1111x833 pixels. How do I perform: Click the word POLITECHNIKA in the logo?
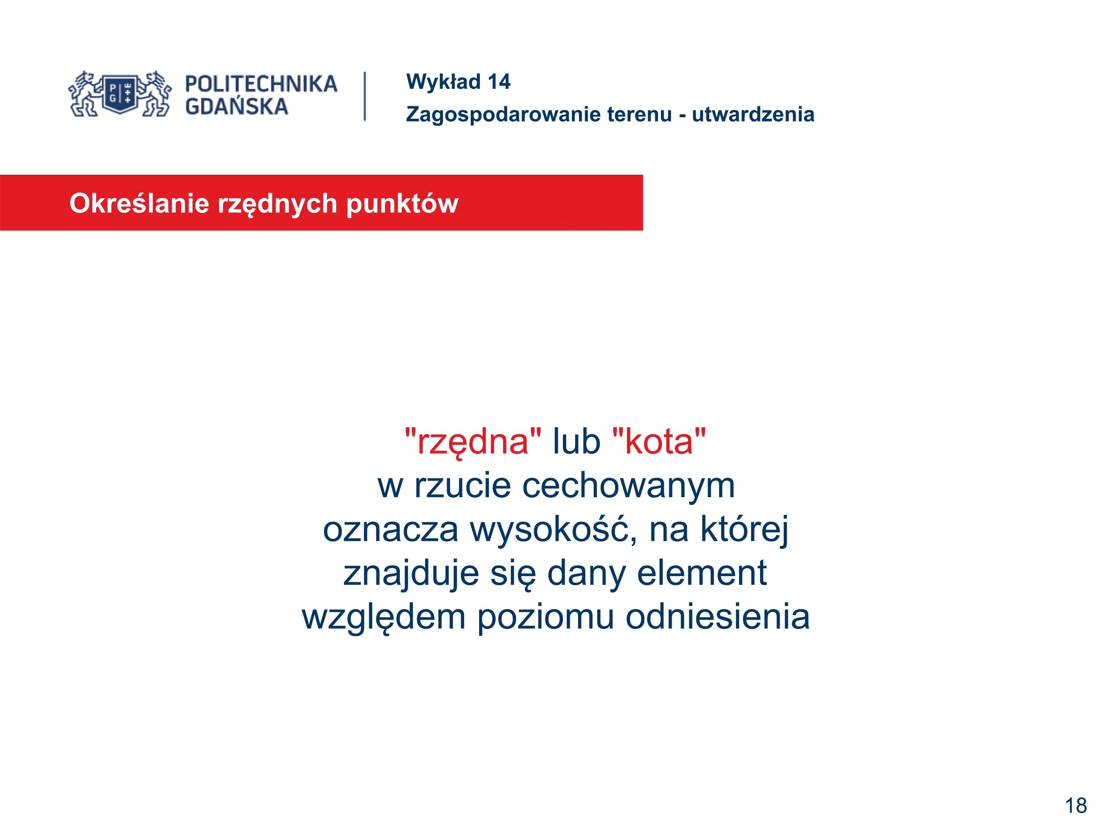coord(261,84)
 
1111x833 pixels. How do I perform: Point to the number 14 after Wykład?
coord(499,82)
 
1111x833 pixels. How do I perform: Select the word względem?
coord(384,618)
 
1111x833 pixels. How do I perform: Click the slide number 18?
coord(1076,806)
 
